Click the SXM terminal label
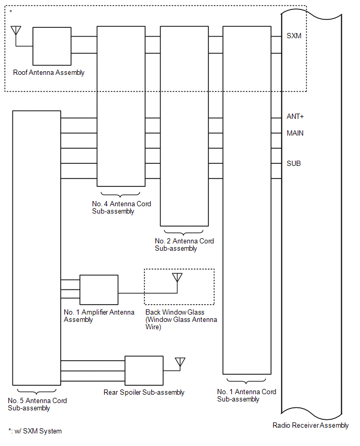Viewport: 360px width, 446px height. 294,36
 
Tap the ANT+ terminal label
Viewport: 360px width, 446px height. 295,117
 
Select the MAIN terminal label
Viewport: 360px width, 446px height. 295,133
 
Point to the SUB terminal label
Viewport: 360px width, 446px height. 294,164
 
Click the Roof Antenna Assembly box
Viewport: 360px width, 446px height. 52,46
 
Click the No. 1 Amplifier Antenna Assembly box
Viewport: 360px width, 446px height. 99,289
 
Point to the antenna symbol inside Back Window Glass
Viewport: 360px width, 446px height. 177,277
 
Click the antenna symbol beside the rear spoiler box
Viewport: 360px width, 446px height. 180,362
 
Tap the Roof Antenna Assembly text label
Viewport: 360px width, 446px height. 49,73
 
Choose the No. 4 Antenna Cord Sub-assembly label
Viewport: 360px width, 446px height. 121,208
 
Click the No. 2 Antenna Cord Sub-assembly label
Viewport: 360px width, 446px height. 184,245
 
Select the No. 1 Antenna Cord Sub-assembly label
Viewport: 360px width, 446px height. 246,395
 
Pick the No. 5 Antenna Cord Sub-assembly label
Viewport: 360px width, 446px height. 37,404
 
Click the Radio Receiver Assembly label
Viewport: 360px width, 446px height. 310,425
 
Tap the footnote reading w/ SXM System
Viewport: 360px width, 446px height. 35,431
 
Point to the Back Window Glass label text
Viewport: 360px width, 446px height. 181,319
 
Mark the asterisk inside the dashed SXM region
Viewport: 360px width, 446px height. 10,12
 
